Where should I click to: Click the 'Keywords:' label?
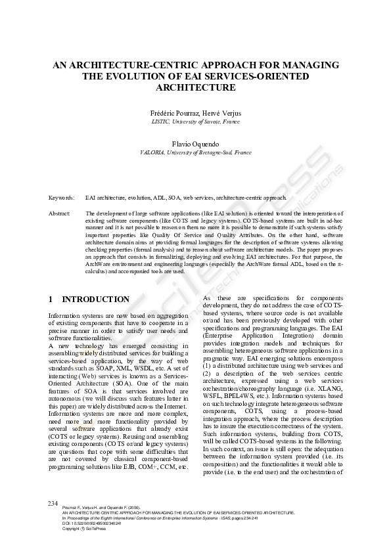click(61, 197)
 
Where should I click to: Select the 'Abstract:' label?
click(60, 214)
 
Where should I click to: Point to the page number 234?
click(54, 502)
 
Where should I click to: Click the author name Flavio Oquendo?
click(196, 143)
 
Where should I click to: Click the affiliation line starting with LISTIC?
click(196, 122)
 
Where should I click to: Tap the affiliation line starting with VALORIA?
click(196, 152)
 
